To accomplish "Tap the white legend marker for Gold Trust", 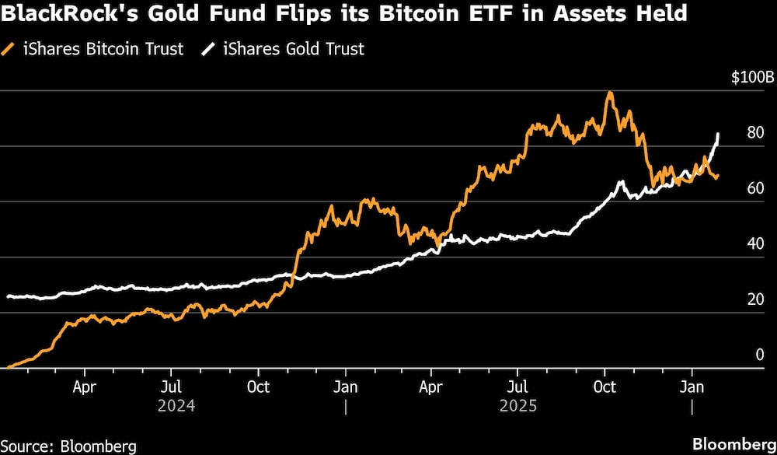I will click(x=208, y=49).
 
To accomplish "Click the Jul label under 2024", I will click(x=172, y=387).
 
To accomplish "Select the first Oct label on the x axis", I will click(x=259, y=387).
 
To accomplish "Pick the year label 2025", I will click(x=518, y=406).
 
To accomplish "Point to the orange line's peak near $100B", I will click(x=610, y=93).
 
